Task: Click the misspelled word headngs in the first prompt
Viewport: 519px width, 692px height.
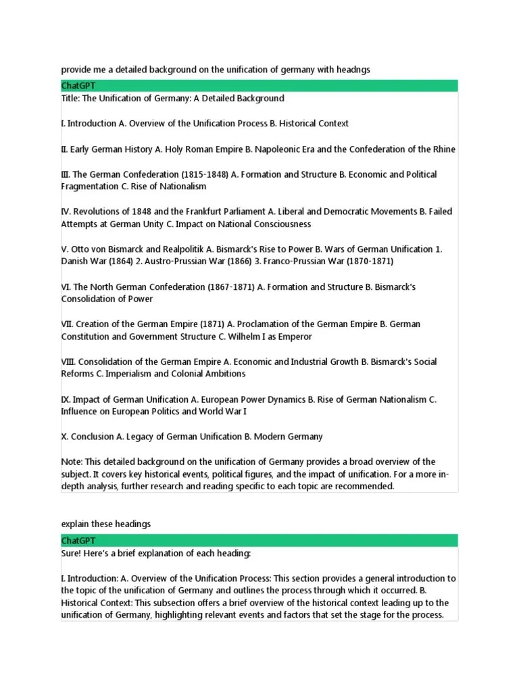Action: pyautogui.click(x=353, y=70)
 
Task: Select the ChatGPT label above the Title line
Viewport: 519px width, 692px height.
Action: pyautogui.click(x=78, y=86)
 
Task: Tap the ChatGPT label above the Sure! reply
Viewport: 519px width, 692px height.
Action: pyautogui.click(x=78, y=541)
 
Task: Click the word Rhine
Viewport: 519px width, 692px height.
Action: pyautogui.click(x=443, y=149)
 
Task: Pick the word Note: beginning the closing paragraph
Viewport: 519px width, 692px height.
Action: pyautogui.click(x=72, y=462)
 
